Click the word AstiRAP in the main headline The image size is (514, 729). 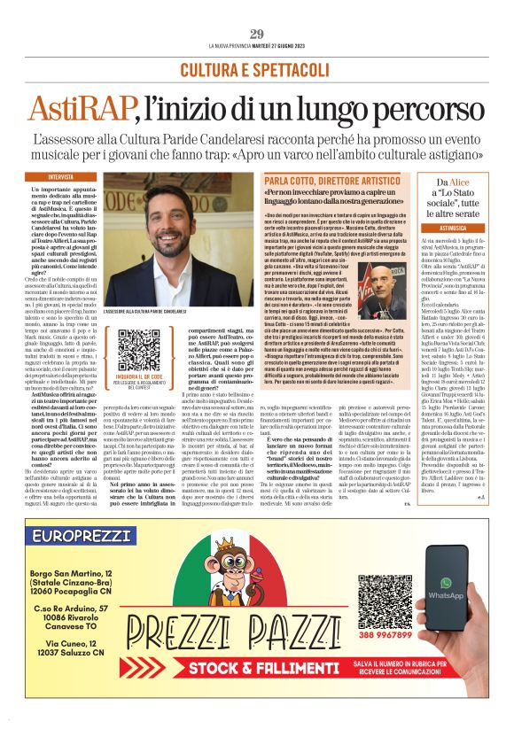coord(79,108)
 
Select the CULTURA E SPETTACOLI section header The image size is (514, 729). coord(256,69)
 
